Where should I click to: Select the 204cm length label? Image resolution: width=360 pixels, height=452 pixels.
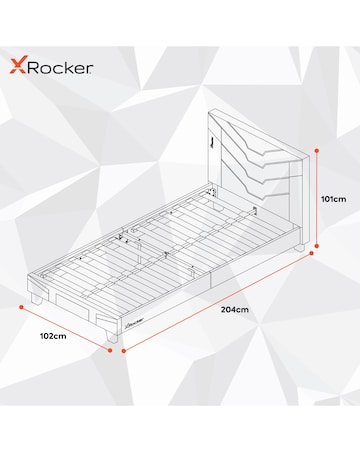tap(233, 309)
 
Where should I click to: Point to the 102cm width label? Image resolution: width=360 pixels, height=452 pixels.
tap(52, 336)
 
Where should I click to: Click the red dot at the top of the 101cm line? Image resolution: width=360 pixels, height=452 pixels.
tap(317, 150)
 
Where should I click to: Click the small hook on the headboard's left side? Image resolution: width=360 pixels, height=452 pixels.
tap(214, 143)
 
